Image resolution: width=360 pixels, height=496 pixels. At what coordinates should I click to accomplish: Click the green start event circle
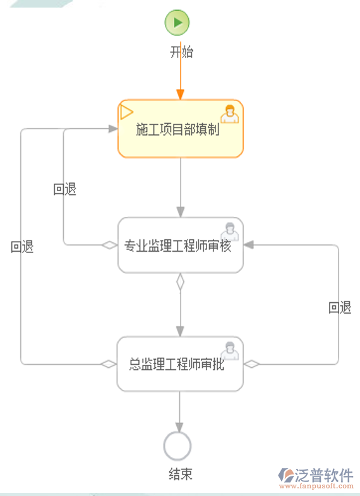click(177, 23)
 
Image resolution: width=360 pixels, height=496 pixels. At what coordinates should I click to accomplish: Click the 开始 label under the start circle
click(181, 52)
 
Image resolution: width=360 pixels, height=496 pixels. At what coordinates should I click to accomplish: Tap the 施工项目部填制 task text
click(178, 130)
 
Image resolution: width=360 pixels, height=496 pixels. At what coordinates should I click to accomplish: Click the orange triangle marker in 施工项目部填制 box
click(126, 112)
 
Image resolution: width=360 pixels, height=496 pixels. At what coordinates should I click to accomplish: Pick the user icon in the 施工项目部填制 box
click(230, 114)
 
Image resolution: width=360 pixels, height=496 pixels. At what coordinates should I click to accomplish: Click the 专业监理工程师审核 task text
click(177, 246)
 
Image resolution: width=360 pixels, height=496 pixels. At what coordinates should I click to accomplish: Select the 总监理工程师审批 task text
click(177, 364)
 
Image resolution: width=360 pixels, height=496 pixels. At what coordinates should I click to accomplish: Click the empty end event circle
click(177, 446)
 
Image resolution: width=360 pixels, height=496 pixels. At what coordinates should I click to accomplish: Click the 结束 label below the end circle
click(181, 475)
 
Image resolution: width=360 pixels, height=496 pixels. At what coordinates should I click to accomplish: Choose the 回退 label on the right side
click(340, 308)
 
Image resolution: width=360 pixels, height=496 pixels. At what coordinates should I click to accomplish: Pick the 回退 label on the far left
click(22, 247)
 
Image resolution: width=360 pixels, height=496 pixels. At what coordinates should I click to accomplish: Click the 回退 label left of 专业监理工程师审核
click(65, 189)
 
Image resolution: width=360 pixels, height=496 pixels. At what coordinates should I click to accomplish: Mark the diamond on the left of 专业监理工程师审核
click(110, 245)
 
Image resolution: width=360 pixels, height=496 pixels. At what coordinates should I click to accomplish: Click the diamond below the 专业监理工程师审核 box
click(180, 281)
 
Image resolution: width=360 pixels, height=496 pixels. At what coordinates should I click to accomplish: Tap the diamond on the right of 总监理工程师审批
click(252, 364)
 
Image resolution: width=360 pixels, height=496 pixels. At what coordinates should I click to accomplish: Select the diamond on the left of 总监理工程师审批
click(109, 364)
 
